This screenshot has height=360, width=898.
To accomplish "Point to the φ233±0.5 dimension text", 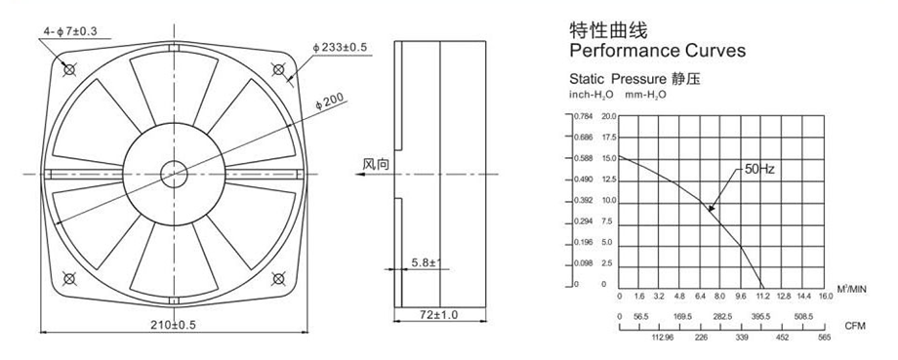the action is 340,47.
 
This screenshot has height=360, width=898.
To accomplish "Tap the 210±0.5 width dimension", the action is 173,325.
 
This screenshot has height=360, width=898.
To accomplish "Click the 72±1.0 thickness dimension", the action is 439,314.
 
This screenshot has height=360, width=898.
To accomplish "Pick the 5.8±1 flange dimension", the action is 425,262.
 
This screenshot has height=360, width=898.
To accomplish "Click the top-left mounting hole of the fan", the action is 70,70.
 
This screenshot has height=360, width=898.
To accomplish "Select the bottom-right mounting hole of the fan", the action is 278,279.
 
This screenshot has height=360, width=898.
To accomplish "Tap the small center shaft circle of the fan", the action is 174,174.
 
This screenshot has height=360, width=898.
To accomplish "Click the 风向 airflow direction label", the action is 376,164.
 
